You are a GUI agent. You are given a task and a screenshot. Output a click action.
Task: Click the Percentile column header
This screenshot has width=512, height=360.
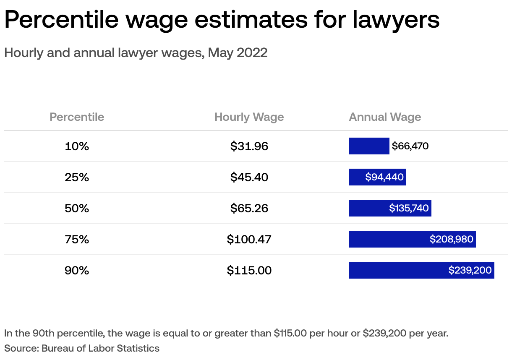(77, 117)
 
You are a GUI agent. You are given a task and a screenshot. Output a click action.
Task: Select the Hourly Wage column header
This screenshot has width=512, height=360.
(249, 117)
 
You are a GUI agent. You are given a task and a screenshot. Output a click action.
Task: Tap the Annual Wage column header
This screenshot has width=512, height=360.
(385, 117)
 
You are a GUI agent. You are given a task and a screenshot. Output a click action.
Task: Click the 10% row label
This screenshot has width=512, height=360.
(77, 146)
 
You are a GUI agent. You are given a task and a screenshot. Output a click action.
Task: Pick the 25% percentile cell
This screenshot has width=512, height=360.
(77, 177)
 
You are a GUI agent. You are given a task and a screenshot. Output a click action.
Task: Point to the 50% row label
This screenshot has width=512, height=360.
(77, 208)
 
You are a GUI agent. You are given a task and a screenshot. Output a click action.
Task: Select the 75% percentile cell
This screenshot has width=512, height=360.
(77, 239)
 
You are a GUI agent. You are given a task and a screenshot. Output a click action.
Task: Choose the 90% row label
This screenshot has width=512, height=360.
(77, 270)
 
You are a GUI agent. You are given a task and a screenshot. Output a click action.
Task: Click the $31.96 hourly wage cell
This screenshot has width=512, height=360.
(249, 146)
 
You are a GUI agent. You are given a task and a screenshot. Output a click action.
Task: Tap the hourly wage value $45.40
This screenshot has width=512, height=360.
(249, 177)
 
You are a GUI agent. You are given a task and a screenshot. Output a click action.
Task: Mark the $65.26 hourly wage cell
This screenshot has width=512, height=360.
(249, 208)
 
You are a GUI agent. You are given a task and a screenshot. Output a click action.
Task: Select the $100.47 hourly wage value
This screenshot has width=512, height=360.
(249, 239)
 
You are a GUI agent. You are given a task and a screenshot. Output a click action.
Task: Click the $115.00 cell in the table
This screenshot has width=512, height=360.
(249, 270)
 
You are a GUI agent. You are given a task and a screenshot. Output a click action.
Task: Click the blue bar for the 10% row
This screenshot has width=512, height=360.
(369, 146)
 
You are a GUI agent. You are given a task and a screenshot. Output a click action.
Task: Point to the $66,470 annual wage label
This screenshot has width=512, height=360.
(410, 146)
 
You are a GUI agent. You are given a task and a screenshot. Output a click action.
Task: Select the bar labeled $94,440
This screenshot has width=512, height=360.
(377, 177)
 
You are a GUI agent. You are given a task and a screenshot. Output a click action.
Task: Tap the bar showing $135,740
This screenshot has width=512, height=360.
(390, 208)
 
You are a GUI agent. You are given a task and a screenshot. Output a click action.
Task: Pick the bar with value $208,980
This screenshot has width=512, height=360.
(412, 239)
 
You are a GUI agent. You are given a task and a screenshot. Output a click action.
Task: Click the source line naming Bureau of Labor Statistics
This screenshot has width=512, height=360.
(82, 348)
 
